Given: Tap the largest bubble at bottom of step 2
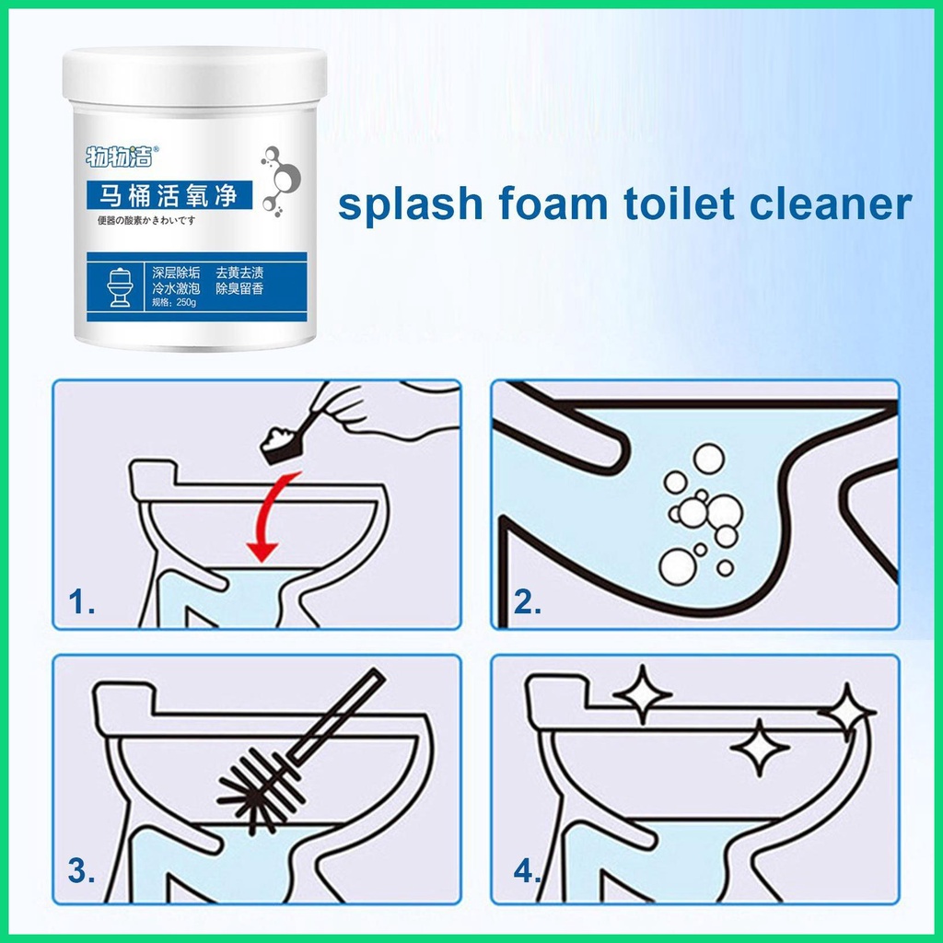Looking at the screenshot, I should point(677,565).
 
